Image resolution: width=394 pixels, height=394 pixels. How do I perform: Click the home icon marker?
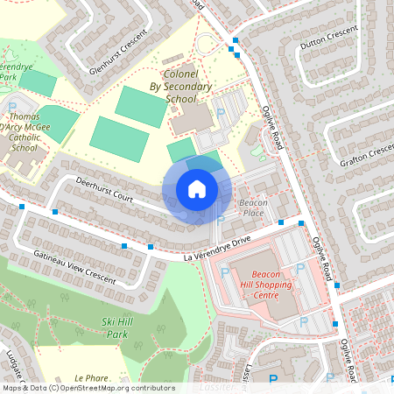tap(196, 189)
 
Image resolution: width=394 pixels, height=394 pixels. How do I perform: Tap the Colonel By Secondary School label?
tap(181, 87)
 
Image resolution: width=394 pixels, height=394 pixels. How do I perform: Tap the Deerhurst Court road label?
tap(103, 191)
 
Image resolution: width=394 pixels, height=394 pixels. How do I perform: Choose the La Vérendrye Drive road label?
tap(217, 250)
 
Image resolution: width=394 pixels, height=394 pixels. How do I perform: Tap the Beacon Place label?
tap(251, 208)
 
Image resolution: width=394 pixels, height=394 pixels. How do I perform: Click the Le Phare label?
tap(91, 378)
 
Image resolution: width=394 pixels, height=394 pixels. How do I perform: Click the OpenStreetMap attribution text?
tap(88, 388)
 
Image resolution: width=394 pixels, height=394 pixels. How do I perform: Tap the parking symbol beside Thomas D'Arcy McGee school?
tap(12, 107)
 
